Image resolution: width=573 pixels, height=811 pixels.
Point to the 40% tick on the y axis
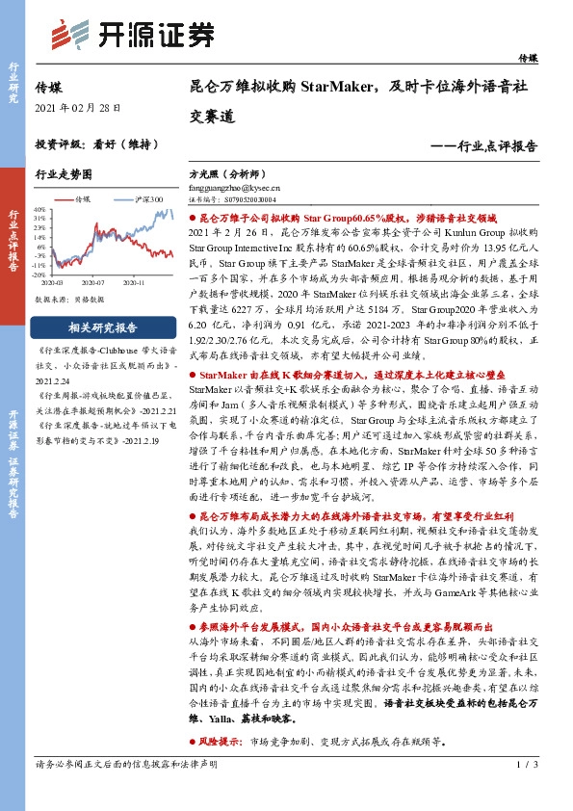pos(40,209)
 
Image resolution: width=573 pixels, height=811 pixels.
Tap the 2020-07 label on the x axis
pos(93,285)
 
